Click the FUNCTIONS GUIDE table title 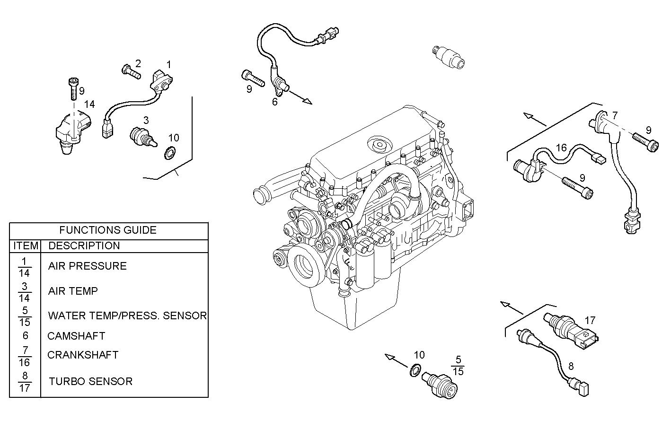108,230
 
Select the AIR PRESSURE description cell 88,266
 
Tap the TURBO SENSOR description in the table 90,381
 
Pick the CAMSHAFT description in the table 76,336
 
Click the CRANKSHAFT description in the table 83,355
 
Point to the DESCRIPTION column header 84,245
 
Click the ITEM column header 26,245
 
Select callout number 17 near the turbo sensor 590,321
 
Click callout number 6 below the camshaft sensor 275,101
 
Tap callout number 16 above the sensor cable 561,148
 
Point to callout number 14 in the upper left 89,104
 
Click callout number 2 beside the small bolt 138,63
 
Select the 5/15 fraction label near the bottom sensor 458,365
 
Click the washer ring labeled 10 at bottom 415,370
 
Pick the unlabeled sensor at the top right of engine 449,56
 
